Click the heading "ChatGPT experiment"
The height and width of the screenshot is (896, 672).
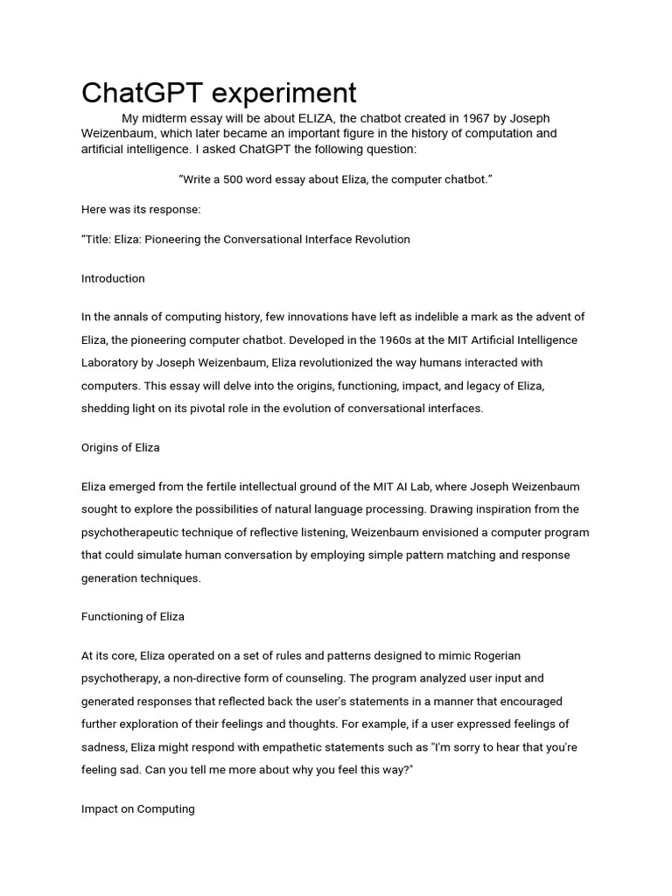click(219, 92)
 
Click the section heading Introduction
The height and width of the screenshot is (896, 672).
click(113, 278)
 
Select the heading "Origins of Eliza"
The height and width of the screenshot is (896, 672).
click(121, 447)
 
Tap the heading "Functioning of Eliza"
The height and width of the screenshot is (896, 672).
click(133, 616)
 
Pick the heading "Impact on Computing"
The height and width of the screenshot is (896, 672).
click(138, 808)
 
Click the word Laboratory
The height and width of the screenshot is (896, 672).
click(112, 362)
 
